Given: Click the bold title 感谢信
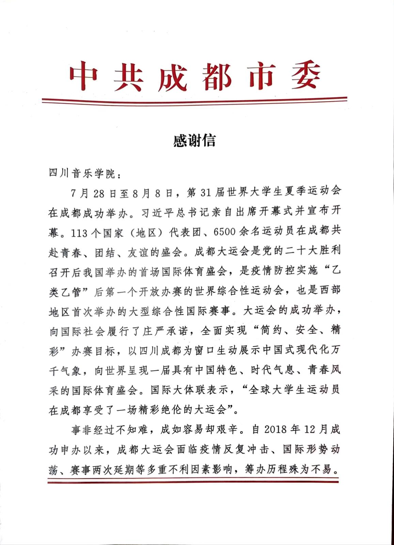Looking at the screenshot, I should coord(194,140).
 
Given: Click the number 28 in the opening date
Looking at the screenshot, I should coord(99,193).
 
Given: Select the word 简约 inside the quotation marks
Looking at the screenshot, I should coord(271,331).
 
